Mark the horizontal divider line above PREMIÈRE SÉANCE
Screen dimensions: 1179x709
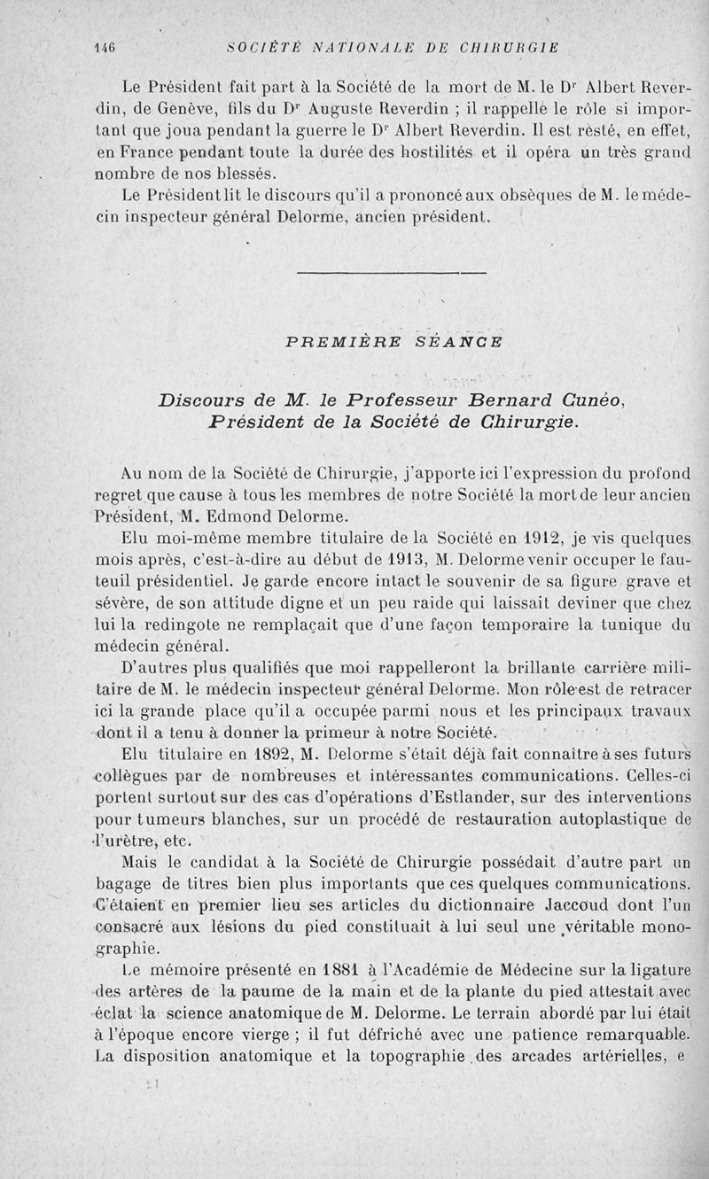pos(391,272)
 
